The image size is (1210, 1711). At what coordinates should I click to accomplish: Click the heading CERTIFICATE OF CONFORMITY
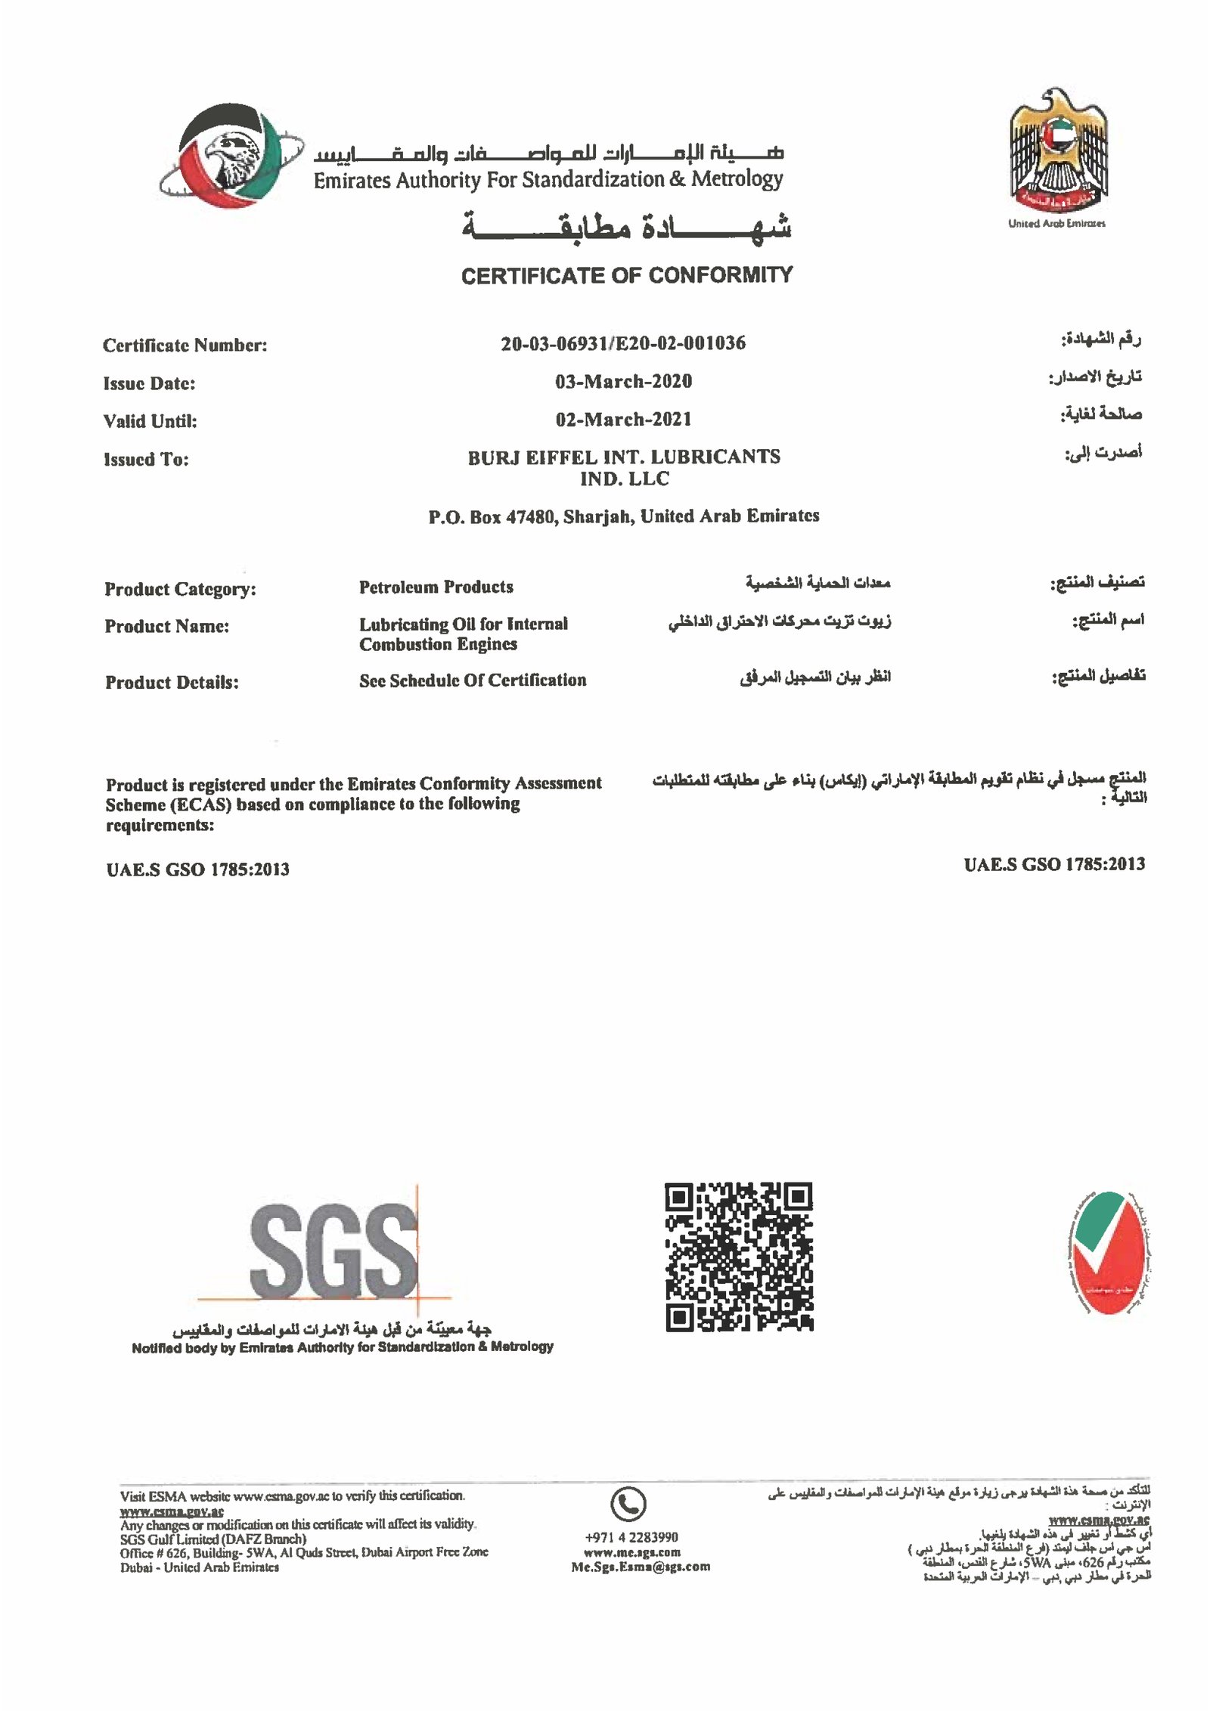click(627, 275)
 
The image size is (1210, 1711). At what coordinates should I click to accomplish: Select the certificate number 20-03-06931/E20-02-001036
click(623, 343)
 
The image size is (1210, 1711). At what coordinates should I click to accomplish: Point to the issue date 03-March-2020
click(623, 381)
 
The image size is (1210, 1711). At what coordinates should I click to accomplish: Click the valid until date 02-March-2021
click(623, 419)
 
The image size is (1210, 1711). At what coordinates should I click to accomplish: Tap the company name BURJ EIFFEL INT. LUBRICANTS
click(624, 457)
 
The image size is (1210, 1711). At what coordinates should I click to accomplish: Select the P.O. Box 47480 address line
click(624, 516)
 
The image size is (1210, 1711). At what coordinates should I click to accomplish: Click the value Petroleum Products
click(436, 587)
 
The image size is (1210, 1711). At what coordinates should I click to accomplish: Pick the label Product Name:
click(166, 626)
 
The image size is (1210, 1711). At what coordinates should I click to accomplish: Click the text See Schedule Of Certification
click(473, 680)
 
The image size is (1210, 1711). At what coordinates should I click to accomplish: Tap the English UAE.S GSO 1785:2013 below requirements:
click(197, 869)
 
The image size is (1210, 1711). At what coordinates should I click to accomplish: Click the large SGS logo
click(334, 1251)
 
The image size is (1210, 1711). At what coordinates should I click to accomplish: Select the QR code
click(739, 1257)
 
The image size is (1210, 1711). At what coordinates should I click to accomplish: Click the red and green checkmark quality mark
click(1108, 1251)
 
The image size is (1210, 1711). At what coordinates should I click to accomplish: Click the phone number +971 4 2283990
click(631, 1537)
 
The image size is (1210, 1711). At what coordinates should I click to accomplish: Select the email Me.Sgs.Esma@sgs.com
click(641, 1567)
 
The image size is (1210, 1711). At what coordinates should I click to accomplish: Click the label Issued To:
click(146, 459)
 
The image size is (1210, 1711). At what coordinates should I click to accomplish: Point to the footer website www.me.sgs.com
click(631, 1552)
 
